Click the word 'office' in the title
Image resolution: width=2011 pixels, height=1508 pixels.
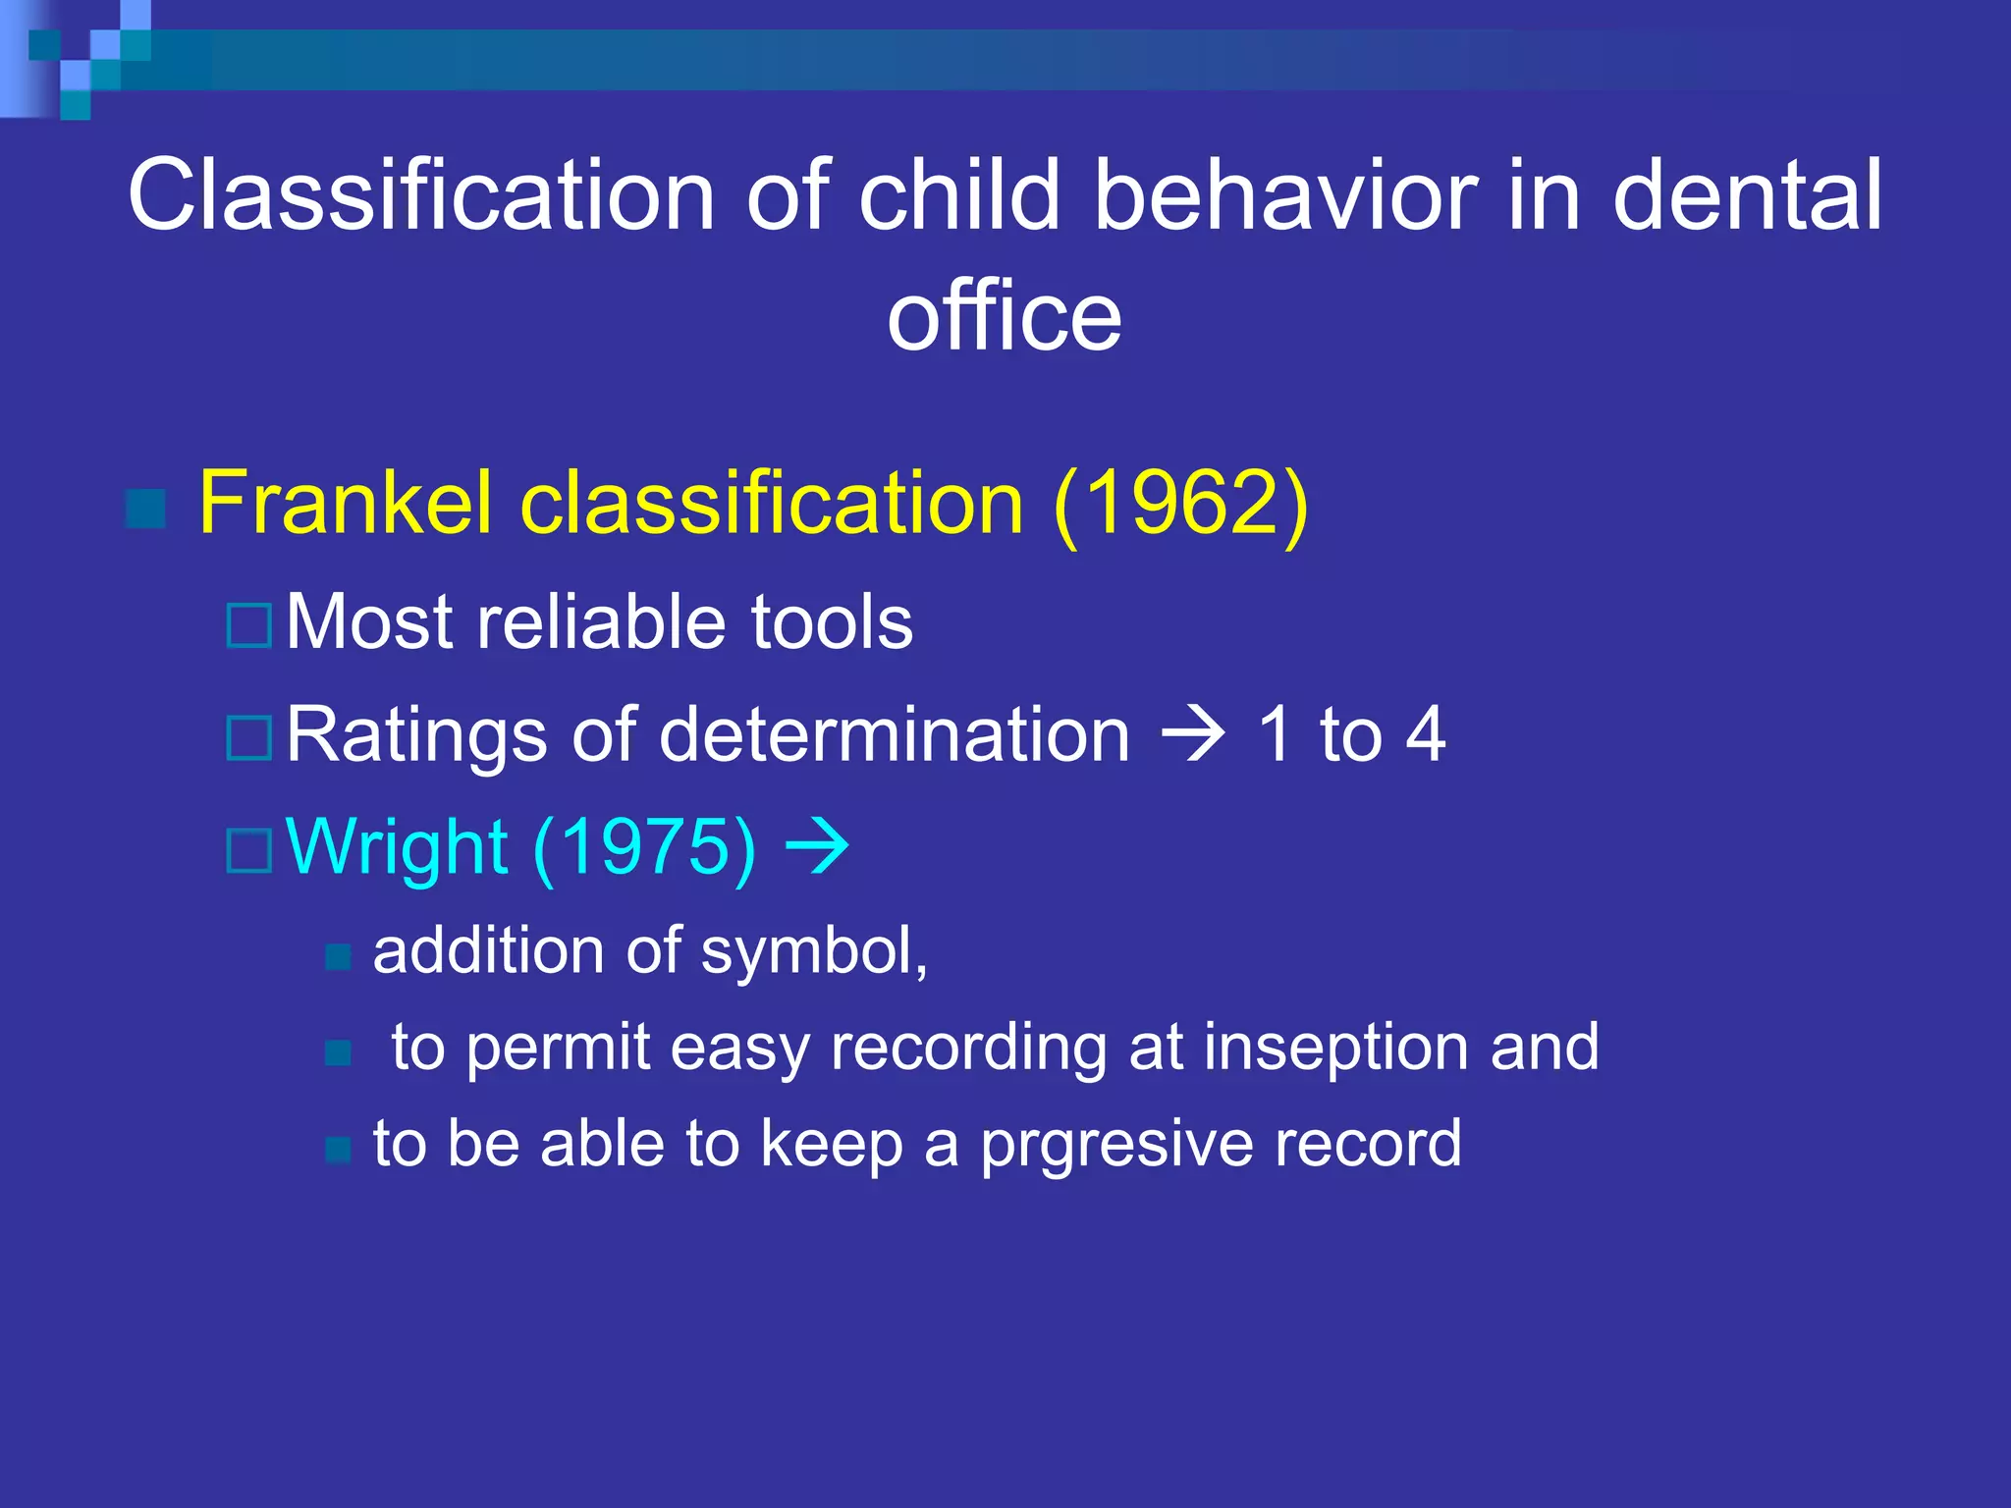click(x=1004, y=316)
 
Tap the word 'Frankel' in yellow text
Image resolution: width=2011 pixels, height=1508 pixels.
click(x=344, y=503)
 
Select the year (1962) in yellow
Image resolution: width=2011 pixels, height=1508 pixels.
click(x=1179, y=503)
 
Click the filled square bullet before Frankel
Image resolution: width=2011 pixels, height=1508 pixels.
click(x=146, y=508)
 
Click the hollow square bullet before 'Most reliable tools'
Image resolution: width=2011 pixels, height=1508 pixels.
click(x=248, y=626)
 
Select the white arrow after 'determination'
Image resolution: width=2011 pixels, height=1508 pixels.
click(x=1192, y=734)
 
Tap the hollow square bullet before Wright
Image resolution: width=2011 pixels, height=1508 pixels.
click(x=248, y=850)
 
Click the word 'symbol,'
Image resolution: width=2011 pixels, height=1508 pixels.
click(x=814, y=952)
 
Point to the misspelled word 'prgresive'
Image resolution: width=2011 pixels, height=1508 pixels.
click(x=1115, y=1145)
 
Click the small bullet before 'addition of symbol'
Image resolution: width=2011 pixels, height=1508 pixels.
click(x=338, y=956)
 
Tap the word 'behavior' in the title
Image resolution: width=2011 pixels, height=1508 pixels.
click(x=1285, y=196)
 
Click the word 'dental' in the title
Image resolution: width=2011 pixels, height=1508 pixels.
click(x=1747, y=196)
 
